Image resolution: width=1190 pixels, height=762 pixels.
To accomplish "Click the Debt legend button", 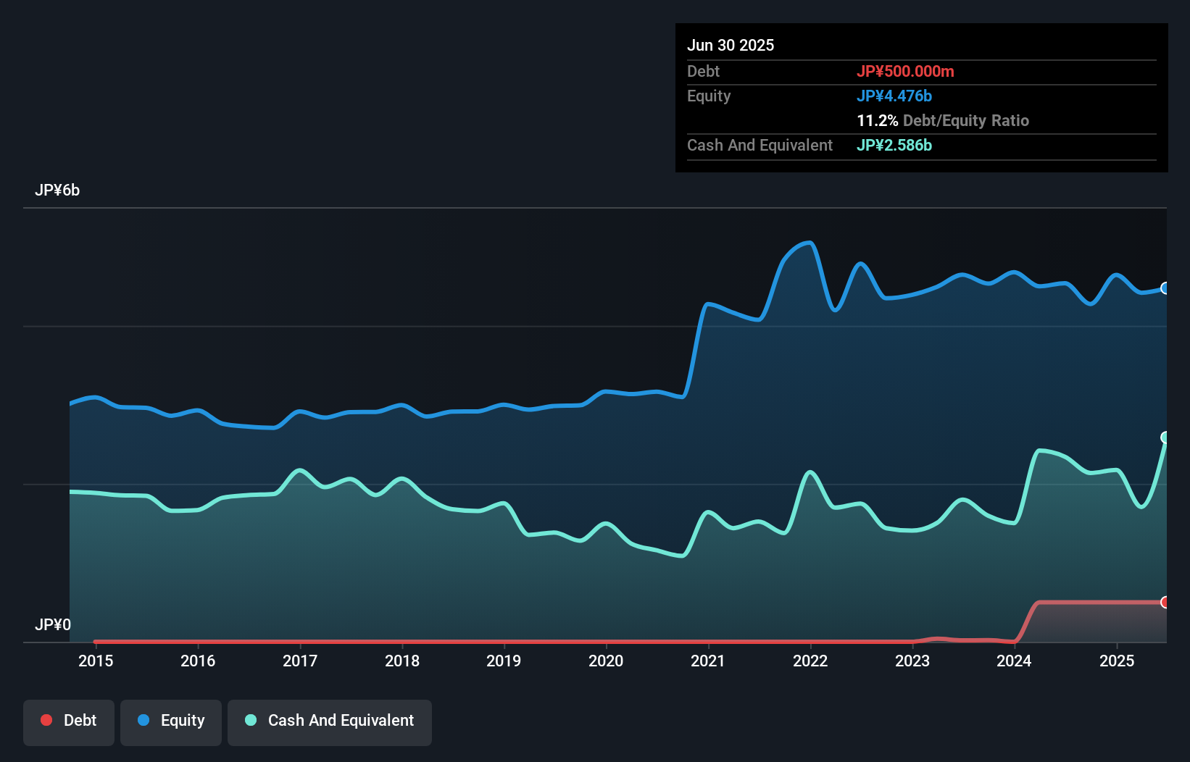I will click(x=69, y=721).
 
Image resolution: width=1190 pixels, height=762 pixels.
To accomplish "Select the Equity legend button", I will click(x=171, y=721).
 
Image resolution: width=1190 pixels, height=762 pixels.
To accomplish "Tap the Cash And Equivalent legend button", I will click(x=330, y=721).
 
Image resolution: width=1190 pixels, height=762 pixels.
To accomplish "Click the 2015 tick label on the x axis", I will click(x=96, y=661).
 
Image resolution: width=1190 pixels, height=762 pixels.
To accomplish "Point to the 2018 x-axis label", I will click(x=402, y=661).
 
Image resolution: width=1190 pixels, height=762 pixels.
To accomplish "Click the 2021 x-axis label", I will click(x=708, y=661).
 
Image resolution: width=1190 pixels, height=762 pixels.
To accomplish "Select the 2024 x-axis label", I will click(x=1014, y=661).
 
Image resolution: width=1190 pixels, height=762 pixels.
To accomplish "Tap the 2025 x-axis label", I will click(x=1117, y=661).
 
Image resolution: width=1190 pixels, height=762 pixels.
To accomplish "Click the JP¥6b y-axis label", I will click(x=57, y=190).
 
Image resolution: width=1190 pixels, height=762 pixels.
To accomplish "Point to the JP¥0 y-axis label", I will click(x=53, y=624).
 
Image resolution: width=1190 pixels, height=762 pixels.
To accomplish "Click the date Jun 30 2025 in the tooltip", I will click(x=731, y=45).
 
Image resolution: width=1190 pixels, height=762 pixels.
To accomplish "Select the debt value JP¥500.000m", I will click(x=905, y=71).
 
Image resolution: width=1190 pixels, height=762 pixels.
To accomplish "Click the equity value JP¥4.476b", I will click(x=894, y=96).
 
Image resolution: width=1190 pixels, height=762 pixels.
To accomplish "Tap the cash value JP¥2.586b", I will click(x=894, y=145).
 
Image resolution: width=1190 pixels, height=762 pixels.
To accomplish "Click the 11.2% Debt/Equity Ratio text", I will click(x=942, y=120).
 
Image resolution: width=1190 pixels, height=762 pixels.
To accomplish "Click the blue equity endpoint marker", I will click(x=1165, y=288).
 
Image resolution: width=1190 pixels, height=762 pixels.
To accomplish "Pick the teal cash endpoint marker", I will click(x=1165, y=437).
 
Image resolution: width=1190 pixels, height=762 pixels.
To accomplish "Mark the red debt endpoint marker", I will click(x=1165, y=602).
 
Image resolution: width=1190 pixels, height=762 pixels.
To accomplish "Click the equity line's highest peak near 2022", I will click(x=809, y=243).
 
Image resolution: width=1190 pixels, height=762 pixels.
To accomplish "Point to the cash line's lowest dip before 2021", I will click(x=682, y=556).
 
